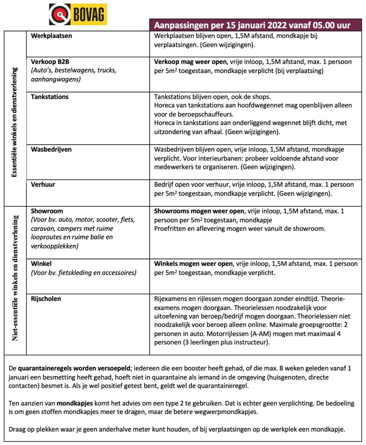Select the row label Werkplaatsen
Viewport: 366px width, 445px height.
[x=51, y=36]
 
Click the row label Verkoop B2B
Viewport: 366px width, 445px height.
[x=50, y=62]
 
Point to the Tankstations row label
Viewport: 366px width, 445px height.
[x=50, y=97]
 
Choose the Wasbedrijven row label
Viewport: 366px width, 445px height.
[x=51, y=149]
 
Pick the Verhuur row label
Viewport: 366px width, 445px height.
[x=43, y=184]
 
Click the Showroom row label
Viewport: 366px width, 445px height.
[x=47, y=211]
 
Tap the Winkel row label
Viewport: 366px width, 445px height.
[x=41, y=263]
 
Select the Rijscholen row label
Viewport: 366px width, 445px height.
[x=46, y=298]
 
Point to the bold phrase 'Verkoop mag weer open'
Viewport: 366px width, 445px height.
[x=190, y=62]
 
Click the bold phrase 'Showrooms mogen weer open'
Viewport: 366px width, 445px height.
[x=199, y=211]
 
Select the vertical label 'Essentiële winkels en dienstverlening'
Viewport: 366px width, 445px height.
[x=15, y=122]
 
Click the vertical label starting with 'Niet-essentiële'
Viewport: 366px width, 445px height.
[x=15, y=278]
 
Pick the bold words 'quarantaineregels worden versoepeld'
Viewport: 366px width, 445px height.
[x=74, y=368]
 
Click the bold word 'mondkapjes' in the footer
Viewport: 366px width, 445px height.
[x=75, y=403]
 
